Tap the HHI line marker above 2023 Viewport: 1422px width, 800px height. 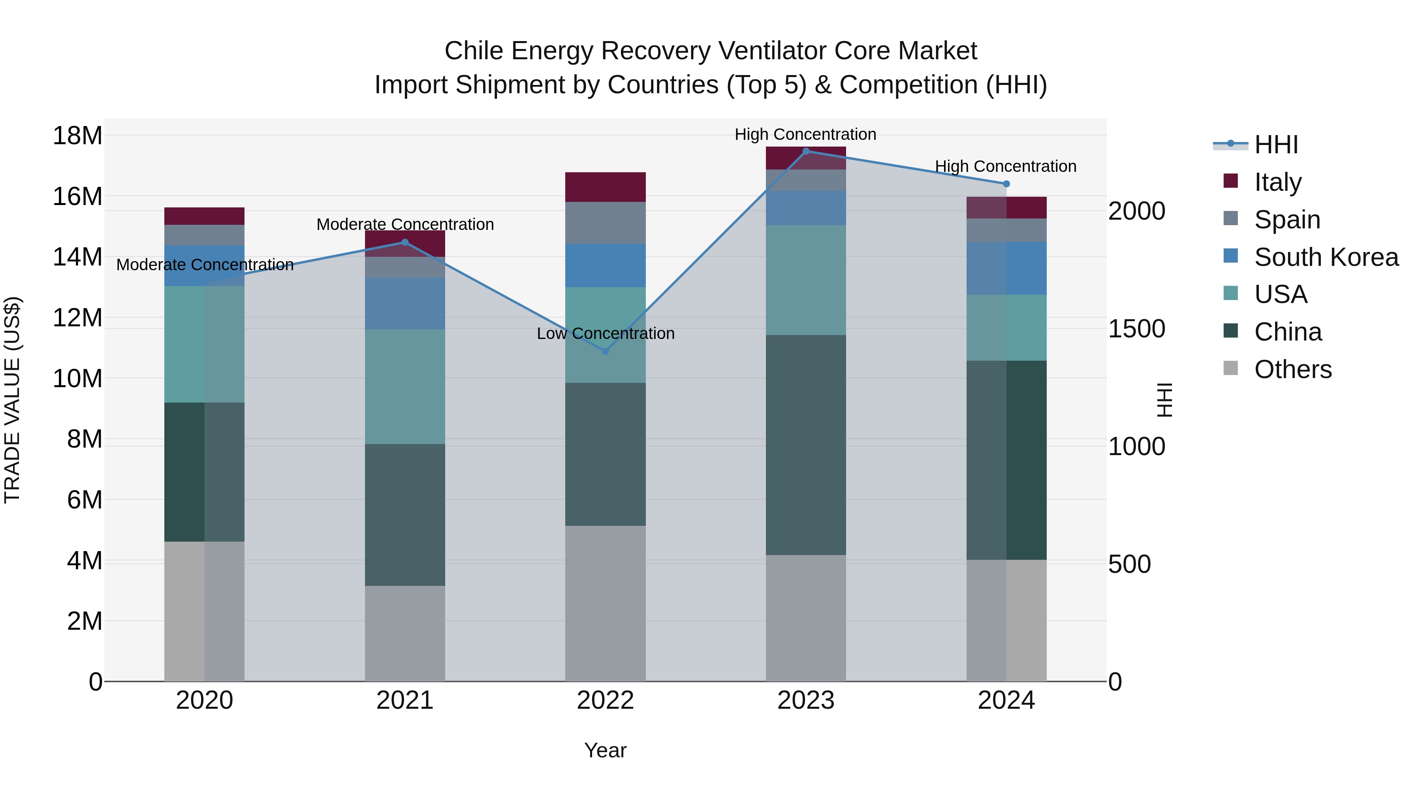(x=805, y=151)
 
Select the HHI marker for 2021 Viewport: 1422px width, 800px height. (x=404, y=243)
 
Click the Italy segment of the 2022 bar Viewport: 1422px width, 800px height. (x=605, y=187)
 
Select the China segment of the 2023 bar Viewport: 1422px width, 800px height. (x=805, y=444)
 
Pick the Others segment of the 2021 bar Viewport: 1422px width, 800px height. (x=404, y=633)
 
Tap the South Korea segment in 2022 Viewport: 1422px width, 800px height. (x=605, y=265)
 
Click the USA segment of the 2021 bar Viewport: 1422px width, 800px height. (x=404, y=386)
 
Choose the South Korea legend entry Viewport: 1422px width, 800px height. (x=1326, y=257)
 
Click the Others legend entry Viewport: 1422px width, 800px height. (x=1292, y=369)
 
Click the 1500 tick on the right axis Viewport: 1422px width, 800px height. (x=1136, y=329)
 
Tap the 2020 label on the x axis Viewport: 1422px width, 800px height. (x=204, y=700)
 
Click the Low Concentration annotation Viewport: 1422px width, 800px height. (x=605, y=333)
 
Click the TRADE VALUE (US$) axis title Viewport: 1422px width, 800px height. (x=12, y=400)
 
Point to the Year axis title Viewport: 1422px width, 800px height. (x=605, y=750)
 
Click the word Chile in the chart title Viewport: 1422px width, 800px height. (x=473, y=51)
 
